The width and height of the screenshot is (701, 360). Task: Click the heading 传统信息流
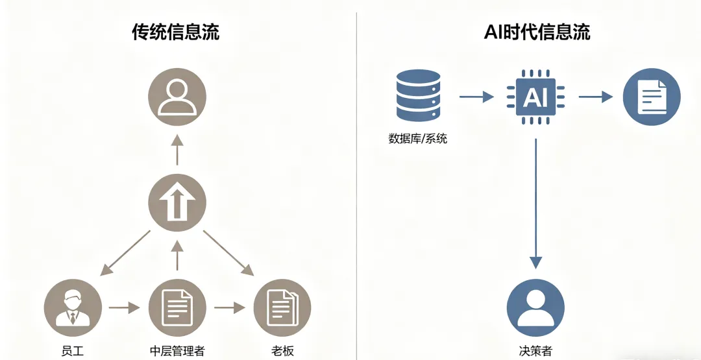click(x=176, y=33)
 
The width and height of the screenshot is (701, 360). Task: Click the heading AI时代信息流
click(x=537, y=32)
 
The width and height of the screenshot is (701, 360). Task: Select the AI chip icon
click(x=535, y=97)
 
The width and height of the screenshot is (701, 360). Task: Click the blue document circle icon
click(x=652, y=97)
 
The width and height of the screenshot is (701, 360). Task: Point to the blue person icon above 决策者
click(x=535, y=307)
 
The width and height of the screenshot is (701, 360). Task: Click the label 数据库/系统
click(x=418, y=138)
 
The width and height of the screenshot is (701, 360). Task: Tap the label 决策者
click(x=535, y=351)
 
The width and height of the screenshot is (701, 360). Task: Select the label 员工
click(x=73, y=351)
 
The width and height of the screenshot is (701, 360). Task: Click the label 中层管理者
click(x=177, y=351)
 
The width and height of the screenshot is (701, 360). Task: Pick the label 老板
click(x=282, y=351)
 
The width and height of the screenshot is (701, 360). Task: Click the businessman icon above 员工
click(x=73, y=307)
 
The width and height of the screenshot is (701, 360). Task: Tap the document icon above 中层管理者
click(x=177, y=307)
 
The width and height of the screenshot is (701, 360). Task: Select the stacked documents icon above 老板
click(x=282, y=307)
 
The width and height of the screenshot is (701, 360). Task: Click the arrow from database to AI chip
click(x=476, y=97)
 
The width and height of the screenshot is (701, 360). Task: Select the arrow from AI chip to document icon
click(x=595, y=97)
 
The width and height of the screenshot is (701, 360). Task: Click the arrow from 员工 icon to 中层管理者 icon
click(x=125, y=307)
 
